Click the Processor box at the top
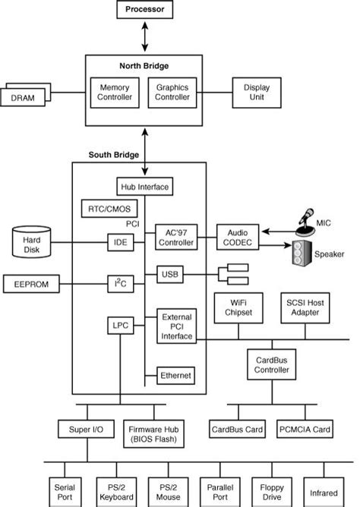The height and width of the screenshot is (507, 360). point(144,10)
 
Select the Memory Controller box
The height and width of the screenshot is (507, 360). point(115,93)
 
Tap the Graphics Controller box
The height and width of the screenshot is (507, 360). point(172,93)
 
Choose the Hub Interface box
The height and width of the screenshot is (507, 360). point(144,186)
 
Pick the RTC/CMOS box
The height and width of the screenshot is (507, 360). point(103,208)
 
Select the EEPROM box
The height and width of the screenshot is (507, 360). point(31,284)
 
